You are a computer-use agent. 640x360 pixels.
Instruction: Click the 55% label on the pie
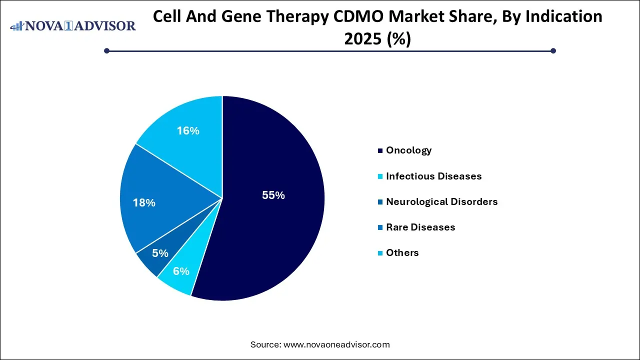click(273, 195)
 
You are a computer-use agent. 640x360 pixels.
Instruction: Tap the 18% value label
click(144, 203)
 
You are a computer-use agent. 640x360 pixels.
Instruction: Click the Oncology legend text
click(408, 150)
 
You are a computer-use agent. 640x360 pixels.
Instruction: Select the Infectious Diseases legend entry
click(433, 176)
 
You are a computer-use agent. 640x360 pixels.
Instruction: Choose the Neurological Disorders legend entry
click(441, 201)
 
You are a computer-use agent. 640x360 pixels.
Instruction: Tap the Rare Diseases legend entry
click(420, 227)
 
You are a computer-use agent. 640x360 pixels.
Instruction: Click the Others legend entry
click(402, 252)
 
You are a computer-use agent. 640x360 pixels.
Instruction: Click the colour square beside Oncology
click(381, 150)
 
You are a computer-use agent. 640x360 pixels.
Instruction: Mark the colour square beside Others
click(381, 253)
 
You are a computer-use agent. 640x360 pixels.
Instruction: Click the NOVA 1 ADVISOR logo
click(73, 25)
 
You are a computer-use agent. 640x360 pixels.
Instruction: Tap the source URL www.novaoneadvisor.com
click(336, 344)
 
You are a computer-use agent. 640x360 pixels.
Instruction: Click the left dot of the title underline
click(106, 50)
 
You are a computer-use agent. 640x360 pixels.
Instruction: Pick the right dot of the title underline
click(553, 50)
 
